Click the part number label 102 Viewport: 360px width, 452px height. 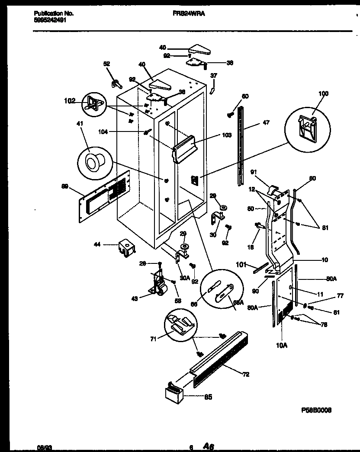[x=69, y=101]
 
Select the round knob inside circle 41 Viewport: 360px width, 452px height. [x=92, y=163]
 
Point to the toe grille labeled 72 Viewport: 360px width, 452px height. [x=216, y=355]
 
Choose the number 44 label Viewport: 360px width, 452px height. [x=98, y=245]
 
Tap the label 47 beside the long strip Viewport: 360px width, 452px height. [x=266, y=123]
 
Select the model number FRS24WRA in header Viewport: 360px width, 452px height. [x=186, y=13]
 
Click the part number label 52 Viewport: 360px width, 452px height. [x=106, y=64]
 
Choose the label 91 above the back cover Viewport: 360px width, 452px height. [x=254, y=172]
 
